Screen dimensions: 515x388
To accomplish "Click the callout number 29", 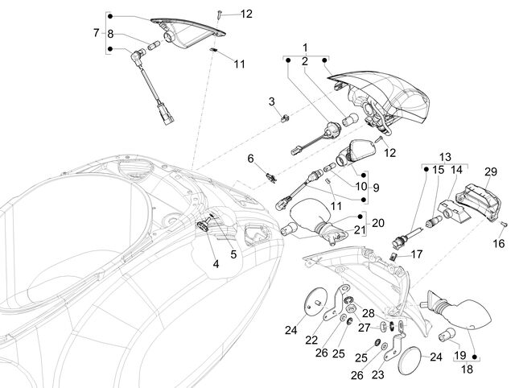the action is point(491,171).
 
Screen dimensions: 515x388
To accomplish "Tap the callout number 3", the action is point(272,101).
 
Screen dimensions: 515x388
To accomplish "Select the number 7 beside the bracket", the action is point(96,32).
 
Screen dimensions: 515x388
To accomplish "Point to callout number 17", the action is point(417,254).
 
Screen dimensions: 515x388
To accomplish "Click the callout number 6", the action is point(250,159).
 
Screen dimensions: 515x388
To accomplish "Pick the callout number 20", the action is point(377,223).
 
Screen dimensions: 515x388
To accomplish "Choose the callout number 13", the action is point(445,157).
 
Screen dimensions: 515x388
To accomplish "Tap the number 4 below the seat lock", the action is point(216,263).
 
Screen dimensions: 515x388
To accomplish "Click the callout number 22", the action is point(311,340).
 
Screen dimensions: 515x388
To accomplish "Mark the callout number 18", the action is point(467,369).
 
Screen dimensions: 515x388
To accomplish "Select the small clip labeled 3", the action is point(285,118).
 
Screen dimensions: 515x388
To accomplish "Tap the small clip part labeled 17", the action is point(393,256).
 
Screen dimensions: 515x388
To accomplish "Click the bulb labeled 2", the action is point(350,119).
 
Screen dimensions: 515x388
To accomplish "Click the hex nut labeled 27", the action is point(351,308).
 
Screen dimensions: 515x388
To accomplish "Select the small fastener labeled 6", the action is point(271,177).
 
